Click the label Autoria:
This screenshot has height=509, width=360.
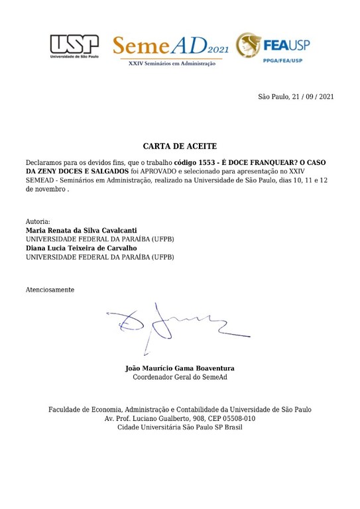coord(38,221)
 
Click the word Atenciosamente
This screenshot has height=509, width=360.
coord(50,290)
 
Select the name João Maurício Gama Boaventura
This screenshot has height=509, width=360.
coord(180,368)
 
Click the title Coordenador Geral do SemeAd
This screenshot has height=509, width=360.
coord(180,377)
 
